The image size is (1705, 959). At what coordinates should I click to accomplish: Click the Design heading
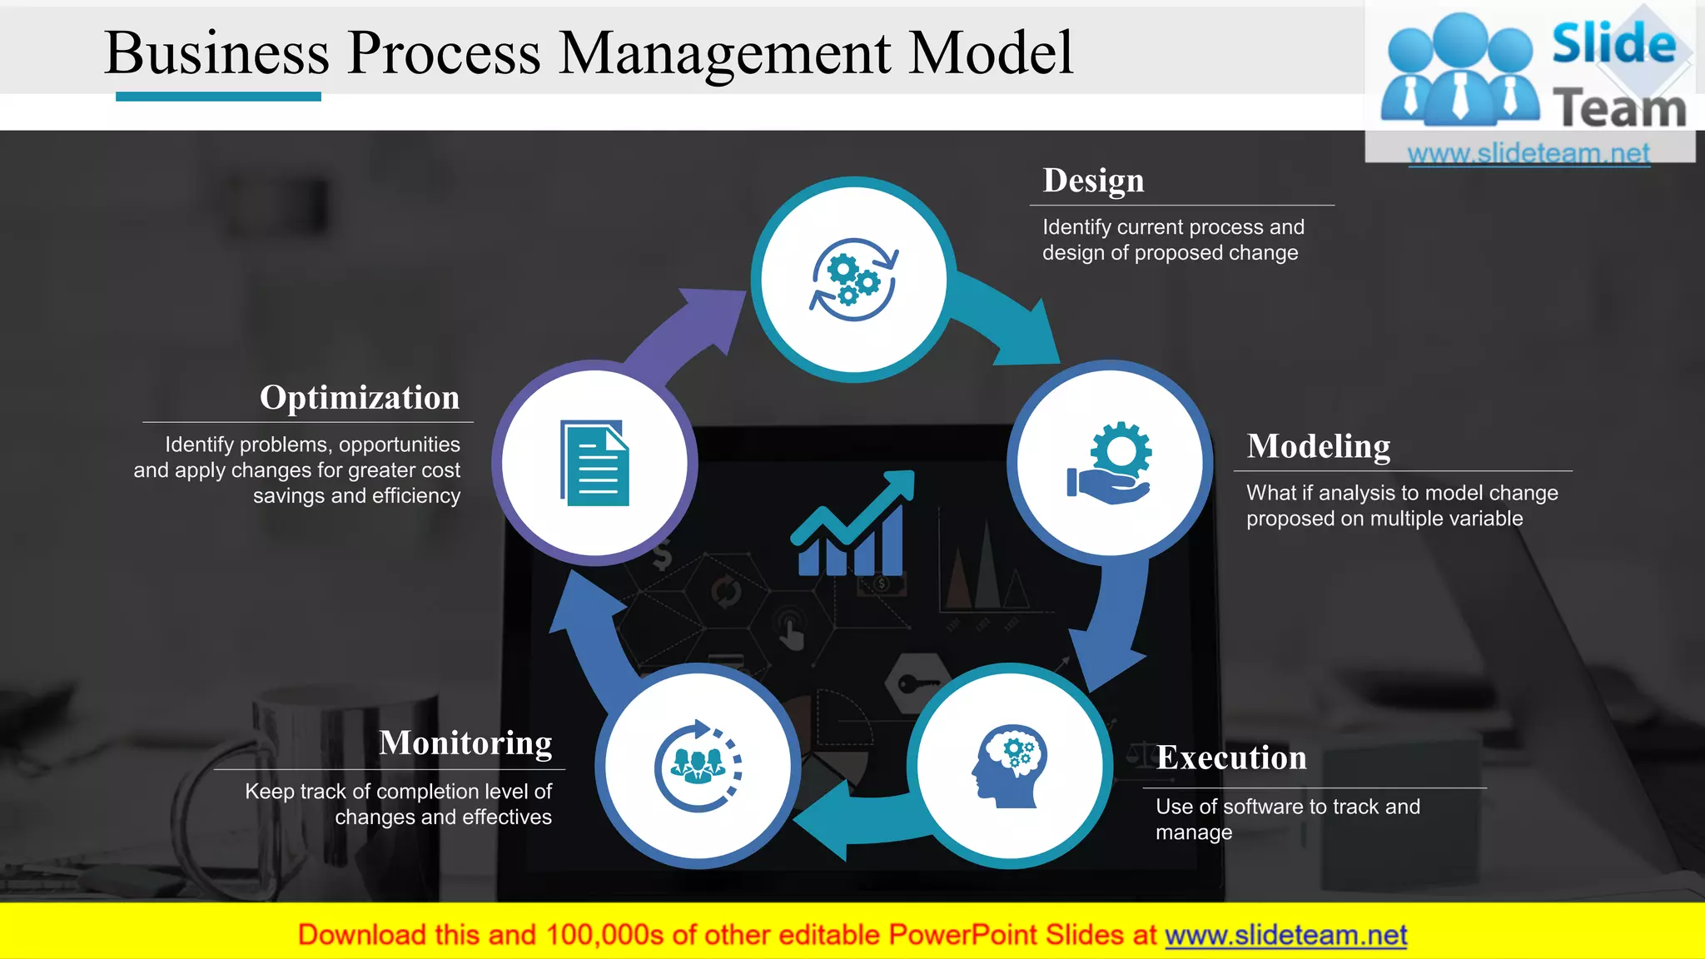point(1093,181)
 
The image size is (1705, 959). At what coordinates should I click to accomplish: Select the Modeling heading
point(1318,446)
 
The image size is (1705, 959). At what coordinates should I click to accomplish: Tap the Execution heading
point(1231,758)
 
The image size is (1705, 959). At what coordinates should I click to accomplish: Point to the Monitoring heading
point(465,743)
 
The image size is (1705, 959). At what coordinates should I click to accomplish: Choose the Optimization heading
point(360,398)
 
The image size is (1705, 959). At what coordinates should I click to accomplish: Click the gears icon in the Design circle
point(853,281)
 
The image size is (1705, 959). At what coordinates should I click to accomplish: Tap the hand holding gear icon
point(1110,463)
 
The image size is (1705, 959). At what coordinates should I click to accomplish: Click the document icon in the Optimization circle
point(594,463)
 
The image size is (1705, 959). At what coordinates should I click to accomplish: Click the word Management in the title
point(724,53)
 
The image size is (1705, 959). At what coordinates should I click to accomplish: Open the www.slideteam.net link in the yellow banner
point(1285,935)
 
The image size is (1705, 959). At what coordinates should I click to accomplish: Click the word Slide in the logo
point(1613,43)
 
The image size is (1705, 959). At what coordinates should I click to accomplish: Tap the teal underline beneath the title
point(218,97)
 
